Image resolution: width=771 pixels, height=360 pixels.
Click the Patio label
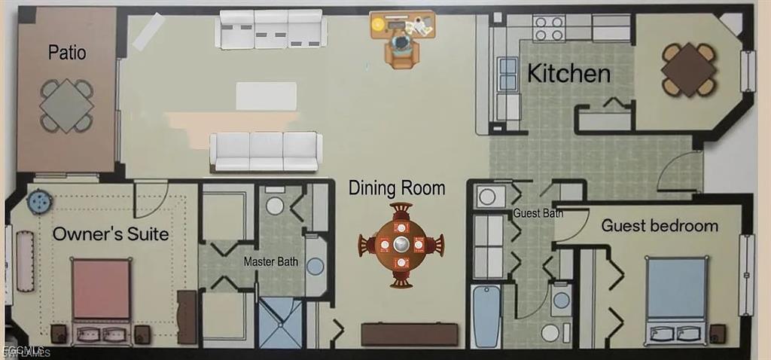point(67,53)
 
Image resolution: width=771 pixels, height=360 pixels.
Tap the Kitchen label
point(568,74)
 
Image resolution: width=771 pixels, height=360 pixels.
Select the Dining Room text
point(397,188)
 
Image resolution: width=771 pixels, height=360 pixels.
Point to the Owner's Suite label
point(111,235)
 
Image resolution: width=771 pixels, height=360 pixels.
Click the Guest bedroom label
point(660,226)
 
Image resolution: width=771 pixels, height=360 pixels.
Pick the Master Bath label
point(271,262)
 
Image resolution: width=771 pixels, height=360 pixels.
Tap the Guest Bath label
point(539,214)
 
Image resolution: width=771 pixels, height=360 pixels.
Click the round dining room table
point(401,244)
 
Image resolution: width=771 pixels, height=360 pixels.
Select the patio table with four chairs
point(66,105)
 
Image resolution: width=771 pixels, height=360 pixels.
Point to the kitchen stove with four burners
point(549,29)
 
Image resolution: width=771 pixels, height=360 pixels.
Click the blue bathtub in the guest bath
point(486,316)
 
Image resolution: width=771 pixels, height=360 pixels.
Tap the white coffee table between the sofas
point(266,96)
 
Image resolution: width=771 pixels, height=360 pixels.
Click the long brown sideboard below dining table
point(409,334)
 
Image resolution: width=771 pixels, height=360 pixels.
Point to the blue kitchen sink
point(507,73)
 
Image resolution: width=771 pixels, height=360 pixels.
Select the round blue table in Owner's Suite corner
point(38,202)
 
